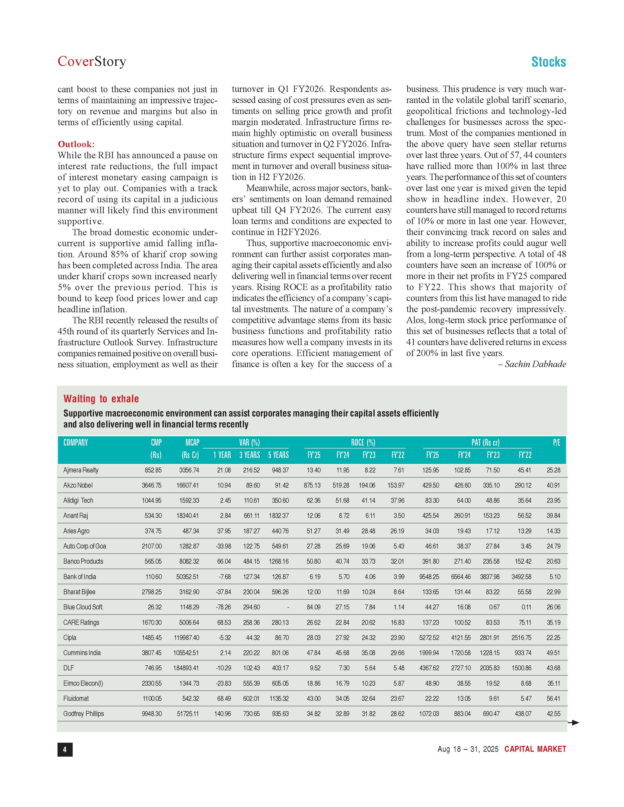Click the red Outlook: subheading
point(76,144)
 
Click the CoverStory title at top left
point(92,61)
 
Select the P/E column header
point(556,443)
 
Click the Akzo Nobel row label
point(78,485)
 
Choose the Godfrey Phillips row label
point(83,714)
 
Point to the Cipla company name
point(70,637)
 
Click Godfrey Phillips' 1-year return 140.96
point(222,714)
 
